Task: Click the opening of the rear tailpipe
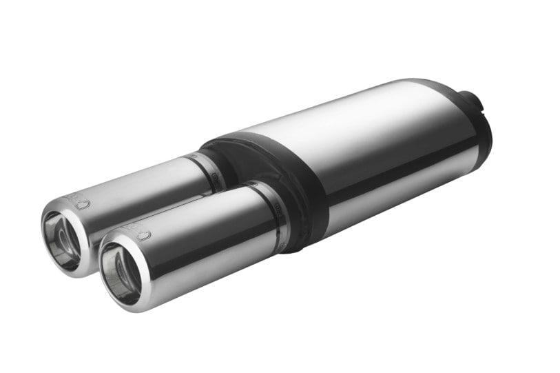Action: [63, 237]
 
